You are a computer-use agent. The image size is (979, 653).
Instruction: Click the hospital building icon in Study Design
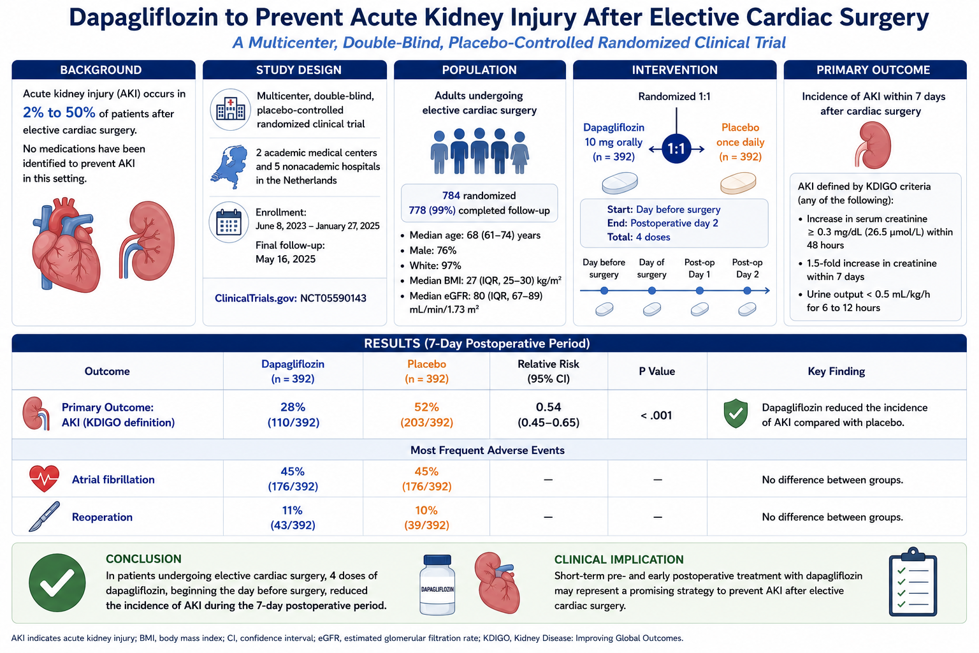(230, 109)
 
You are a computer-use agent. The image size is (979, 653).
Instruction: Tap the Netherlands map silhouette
(229, 166)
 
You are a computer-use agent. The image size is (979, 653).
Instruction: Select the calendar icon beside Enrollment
(229, 222)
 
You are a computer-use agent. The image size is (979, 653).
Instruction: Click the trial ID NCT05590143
(333, 298)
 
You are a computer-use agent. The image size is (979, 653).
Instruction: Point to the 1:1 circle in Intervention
(676, 149)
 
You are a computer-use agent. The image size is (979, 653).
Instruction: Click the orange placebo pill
(738, 183)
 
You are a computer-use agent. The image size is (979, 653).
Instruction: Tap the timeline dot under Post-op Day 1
(699, 290)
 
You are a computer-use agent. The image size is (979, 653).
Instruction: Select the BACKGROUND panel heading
(101, 70)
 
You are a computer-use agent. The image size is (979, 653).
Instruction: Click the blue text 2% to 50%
(59, 112)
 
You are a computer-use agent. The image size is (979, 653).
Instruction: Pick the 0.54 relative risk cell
(549, 415)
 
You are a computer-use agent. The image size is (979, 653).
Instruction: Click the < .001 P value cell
(656, 415)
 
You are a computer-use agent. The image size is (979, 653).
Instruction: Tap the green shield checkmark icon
(736, 413)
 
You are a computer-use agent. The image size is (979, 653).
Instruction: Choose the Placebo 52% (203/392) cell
(426, 415)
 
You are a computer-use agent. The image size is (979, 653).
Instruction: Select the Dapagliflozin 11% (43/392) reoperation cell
(293, 517)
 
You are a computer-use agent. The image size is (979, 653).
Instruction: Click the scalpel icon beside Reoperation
(44, 517)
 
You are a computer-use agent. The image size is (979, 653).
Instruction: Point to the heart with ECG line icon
(44, 479)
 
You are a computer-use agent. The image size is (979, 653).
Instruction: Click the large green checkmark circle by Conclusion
(57, 583)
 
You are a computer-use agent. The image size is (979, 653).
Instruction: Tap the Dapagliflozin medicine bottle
(437, 585)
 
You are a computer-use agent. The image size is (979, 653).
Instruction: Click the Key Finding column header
(836, 371)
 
